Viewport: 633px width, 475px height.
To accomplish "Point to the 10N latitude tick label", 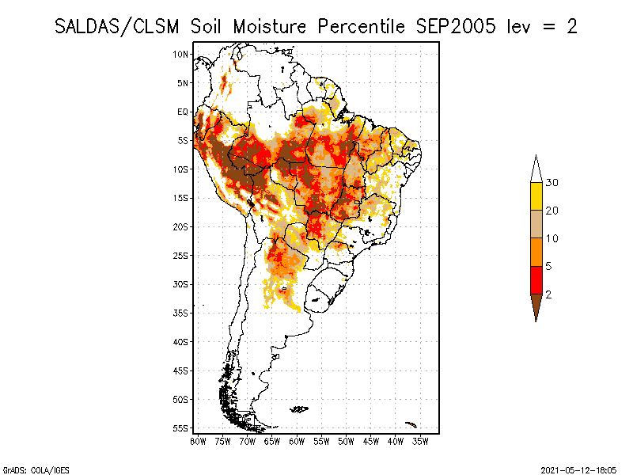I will tap(181, 54).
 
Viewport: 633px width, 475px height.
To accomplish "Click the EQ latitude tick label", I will tap(183, 112).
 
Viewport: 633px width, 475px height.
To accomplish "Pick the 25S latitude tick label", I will tap(181, 256).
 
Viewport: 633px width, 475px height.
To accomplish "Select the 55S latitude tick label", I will tap(181, 428).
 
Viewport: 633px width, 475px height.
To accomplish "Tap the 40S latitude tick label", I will tap(181, 342).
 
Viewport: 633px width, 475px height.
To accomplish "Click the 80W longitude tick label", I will tap(198, 441).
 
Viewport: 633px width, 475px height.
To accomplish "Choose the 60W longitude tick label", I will tap(298, 441).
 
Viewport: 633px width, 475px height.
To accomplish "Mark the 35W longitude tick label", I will tap(421, 441).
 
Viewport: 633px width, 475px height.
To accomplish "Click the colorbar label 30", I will tap(552, 183).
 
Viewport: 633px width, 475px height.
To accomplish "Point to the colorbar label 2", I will tap(549, 294).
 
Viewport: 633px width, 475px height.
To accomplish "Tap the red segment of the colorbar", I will tap(536, 279).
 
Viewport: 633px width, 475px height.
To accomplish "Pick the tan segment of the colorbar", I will tap(536, 224).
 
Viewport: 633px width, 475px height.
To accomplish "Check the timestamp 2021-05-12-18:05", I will tap(578, 469).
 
